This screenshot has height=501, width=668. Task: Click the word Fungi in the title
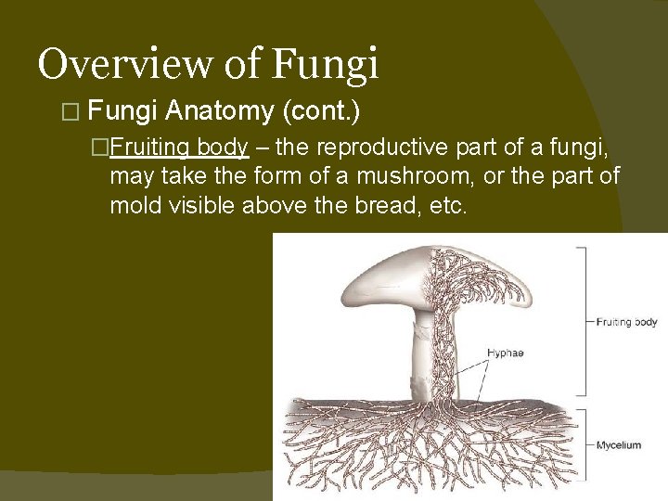coord(326,65)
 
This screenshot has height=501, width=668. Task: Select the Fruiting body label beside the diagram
coord(626,322)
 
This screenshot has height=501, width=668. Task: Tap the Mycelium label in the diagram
coord(619,445)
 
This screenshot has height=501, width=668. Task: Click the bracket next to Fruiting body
coord(583,322)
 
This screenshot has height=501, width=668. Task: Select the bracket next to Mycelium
coord(583,443)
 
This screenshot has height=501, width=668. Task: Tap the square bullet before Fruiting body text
coord(116,148)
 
